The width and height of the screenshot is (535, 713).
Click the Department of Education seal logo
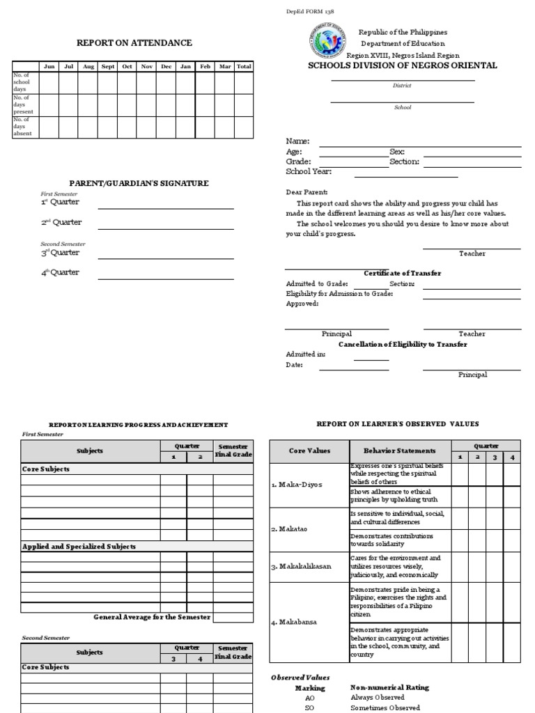pyautogui.click(x=325, y=41)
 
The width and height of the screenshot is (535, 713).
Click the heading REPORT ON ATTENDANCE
pyautogui.click(x=134, y=43)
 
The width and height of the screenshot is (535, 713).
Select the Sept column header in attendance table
pyautogui.click(x=108, y=67)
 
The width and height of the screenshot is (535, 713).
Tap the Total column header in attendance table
pyautogui.click(x=243, y=67)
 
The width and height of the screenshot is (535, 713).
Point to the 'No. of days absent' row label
pyautogui.click(x=24, y=127)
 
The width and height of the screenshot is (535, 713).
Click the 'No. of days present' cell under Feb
pyautogui.click(x=205, y=104)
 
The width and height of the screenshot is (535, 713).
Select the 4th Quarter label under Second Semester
pyautogui.click(x=60, y=272)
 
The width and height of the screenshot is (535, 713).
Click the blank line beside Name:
pyautogui.click(x=419, y=146)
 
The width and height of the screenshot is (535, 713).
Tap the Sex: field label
pyautogui.click(x=396, y=152)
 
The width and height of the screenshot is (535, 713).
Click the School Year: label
pyautogui.click(x=309, y=171)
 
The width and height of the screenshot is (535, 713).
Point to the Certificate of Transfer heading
pyautogui.click(x=402, y=274)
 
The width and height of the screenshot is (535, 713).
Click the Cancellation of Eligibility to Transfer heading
pyautogui.click(x=403, y=345)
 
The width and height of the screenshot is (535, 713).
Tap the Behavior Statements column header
pyautogui.click(x=399, y=451)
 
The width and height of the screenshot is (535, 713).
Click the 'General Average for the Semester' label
pyautogui.click(x=153, y=617)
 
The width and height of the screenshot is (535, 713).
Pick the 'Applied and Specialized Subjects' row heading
pyautogui.click(x=79, y=547)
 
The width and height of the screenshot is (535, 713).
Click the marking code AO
pyautogui.click(x=310, y=697)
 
